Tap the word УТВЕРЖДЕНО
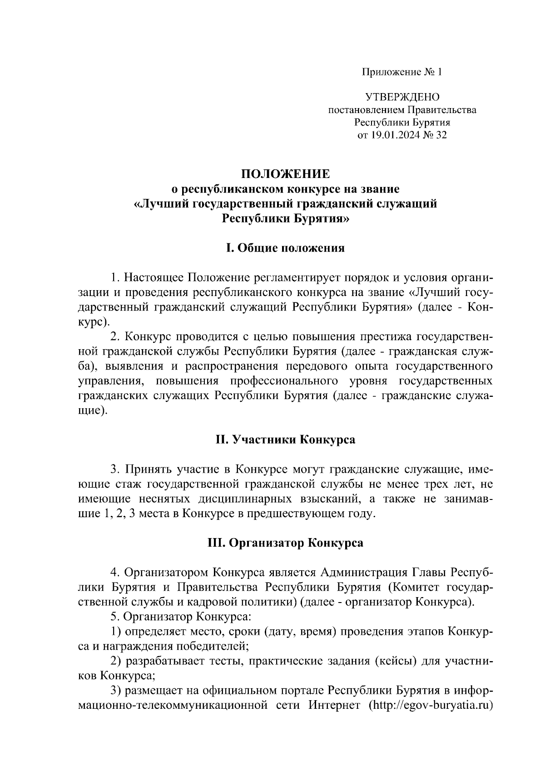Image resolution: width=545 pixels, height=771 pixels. coord(402,97)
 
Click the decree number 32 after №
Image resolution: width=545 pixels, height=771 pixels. coord(441,135)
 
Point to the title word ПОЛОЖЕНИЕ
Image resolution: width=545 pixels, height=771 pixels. coord(285,174)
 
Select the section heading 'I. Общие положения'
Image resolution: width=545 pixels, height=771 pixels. coord(285,248)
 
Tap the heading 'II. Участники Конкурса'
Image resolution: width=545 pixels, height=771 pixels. coord(285,440)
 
